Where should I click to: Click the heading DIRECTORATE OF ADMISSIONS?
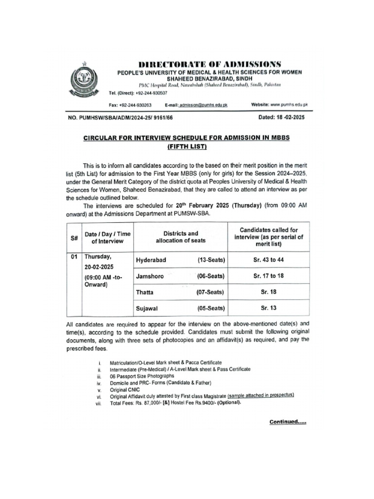tap(210, 64)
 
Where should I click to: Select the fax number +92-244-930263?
tap(137, 105)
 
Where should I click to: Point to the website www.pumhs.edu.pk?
tap(289, 105)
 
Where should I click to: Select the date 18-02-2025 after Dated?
tap(287, 118)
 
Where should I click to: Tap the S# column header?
tap(75, 237)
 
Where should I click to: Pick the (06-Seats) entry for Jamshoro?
tap(211, 276)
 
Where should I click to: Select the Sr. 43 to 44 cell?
tap(268, 260)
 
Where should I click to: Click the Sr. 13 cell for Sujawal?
tap(268, 307)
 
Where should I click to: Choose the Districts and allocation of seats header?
tap(180, 237)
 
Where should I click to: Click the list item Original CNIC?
tap(125, 390)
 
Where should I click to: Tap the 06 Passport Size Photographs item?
tap(142, 376)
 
